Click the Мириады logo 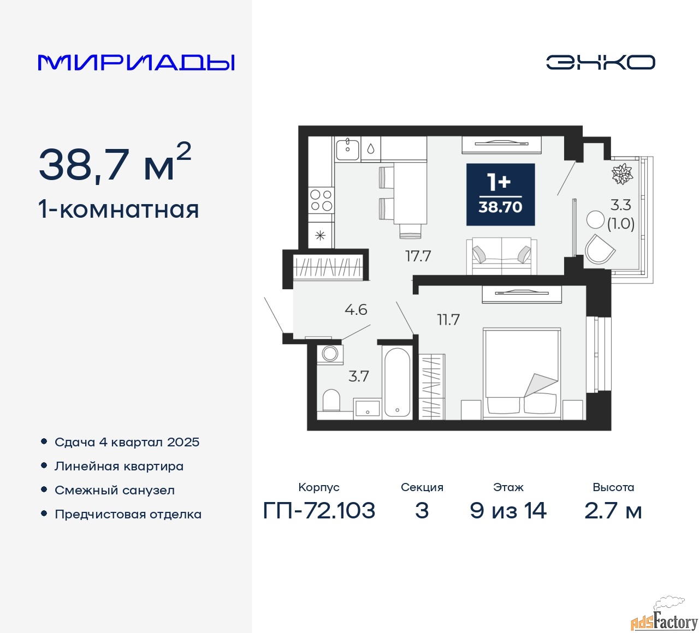point(136,62)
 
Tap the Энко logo point(600,62)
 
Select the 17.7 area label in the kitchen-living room point(418,255)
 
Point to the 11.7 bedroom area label point(448,320)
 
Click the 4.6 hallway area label point(356,310)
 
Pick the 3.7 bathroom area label point(359,376)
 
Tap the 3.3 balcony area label point(621,205)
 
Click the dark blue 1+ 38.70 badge point(500,194)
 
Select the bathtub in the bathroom point(397,382)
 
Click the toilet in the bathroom point(331,401)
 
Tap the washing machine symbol point(330,354)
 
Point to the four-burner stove point(321,200)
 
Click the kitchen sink point(347,148)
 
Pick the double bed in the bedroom point(522,373)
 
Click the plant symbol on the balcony point(621,174)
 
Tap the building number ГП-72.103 point(319,511)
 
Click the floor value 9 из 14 point(508,511)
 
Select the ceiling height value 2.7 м point(613,511)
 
